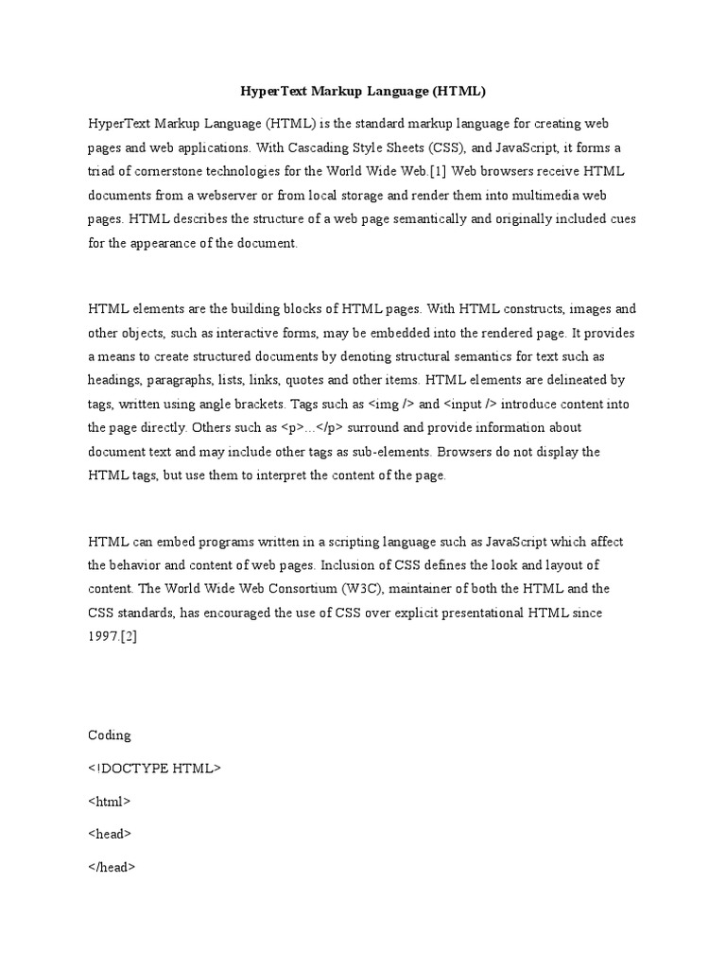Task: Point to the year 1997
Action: (x=103, y=636)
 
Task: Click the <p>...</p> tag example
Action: (x=315, y=427)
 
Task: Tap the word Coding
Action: (x=110, y=735)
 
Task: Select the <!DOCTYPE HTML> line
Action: (x=154, y=768)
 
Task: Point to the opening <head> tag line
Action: (x=110, y=834)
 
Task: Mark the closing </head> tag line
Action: (x=112, y=867)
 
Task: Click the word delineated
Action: (x=576, y=380)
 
